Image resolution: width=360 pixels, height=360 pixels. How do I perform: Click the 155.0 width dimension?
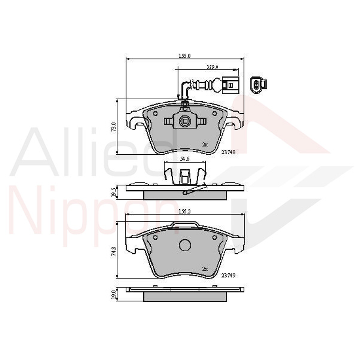pos(184,56)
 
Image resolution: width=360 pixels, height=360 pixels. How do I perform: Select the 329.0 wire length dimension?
pos(212,67)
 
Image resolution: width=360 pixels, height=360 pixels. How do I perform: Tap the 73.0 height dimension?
pos(114,127)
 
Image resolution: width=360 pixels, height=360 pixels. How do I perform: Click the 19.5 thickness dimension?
pos(114,192)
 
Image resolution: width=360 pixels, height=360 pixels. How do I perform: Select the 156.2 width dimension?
pos(185,212)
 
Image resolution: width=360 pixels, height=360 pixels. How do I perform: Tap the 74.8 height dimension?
pos(114,251)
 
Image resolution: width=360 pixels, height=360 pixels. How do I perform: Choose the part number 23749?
pos(228,275)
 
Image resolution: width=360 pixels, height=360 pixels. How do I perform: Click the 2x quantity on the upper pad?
pos(205,145)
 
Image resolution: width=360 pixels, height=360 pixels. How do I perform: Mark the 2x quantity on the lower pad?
pos(205,268)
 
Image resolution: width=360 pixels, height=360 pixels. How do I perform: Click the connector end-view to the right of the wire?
pos(259,84)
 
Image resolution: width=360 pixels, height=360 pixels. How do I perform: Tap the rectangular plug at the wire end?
pos(230,84)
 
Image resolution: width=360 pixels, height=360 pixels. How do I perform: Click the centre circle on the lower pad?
pos(185,245)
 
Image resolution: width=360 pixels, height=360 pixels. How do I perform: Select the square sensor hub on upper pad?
pos(185,121)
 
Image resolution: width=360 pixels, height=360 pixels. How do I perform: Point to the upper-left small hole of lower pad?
pos(155,237)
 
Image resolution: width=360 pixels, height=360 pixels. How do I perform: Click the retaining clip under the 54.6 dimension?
pos(185,175)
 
